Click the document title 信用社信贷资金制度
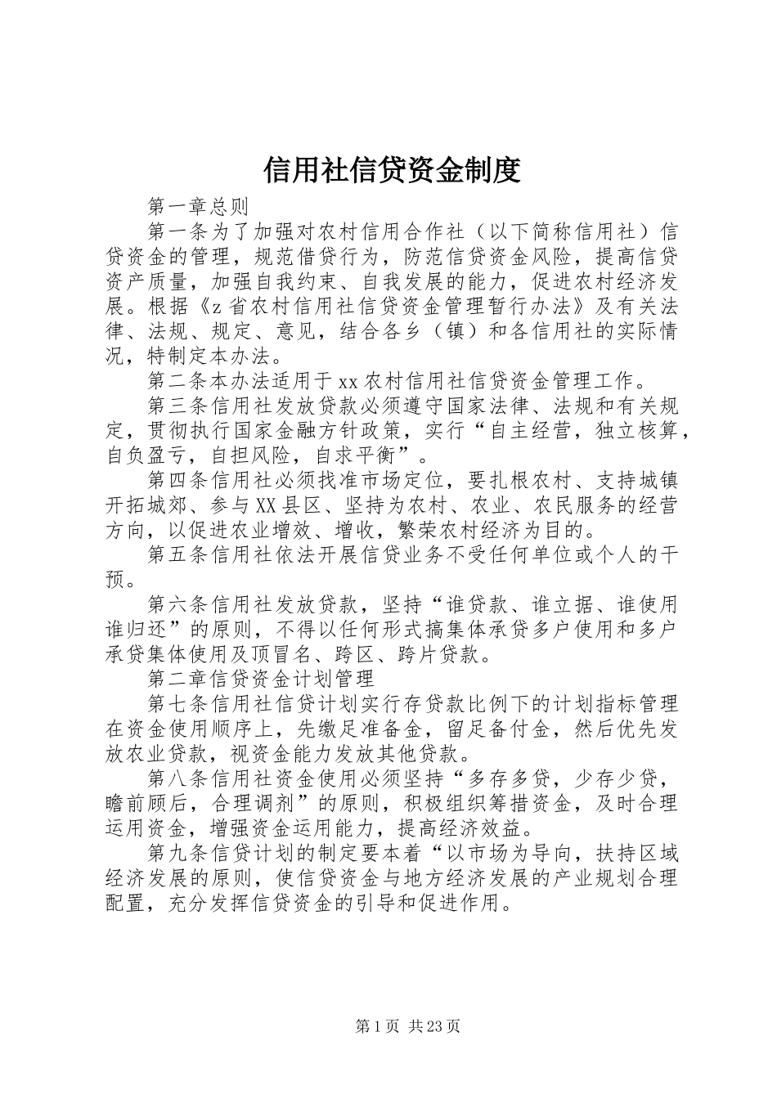tap(393, 170)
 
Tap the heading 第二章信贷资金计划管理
tap(261, 678)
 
